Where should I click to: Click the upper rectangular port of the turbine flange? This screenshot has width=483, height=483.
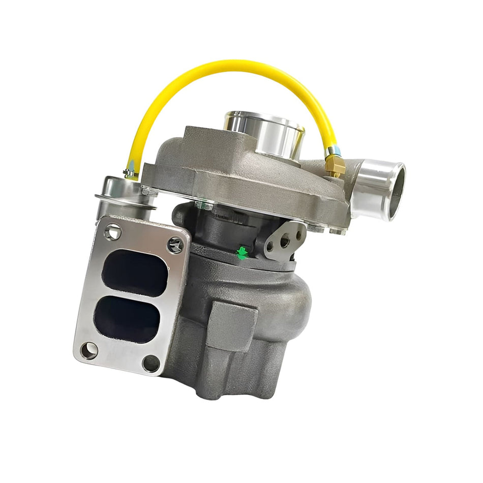click(x=134, y=274)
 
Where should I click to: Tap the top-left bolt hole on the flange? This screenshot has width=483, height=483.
click(x=112, y=231)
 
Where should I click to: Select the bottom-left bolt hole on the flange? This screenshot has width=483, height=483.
click(x=89, y=350)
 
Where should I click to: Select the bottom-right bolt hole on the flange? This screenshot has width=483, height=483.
click(x=151, y=363)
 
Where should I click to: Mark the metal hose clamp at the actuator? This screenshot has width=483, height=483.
click(x=131, y=174)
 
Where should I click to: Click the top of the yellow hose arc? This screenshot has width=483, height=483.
click(x=229, y=65)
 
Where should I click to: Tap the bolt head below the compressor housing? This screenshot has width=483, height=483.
click(x=203, y=205)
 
